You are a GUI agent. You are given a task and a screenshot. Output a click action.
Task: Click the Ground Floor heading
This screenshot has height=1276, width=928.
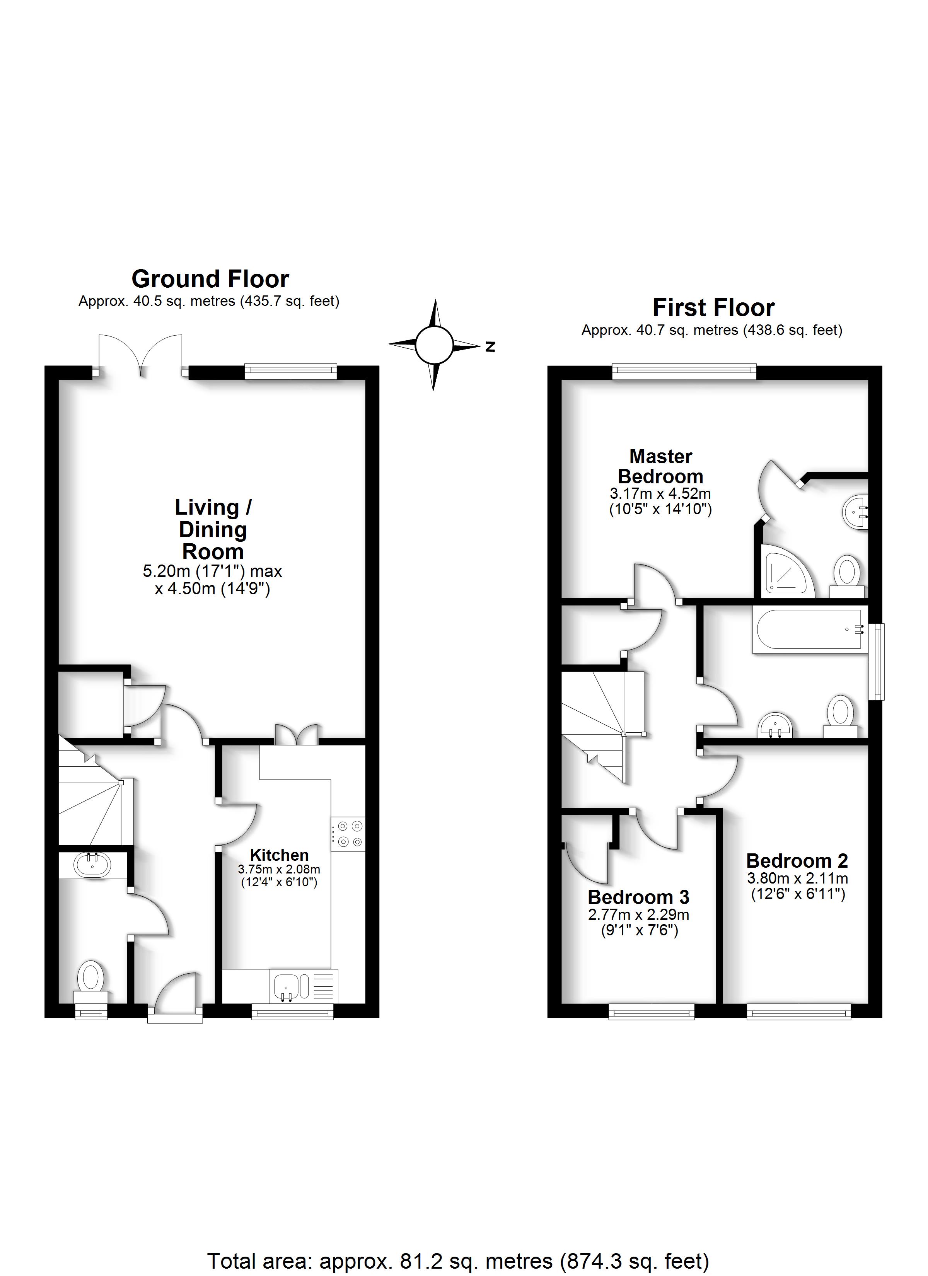pyautogui.click(x=210, y=279)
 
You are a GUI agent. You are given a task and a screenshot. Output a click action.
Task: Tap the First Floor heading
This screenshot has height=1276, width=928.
pyautogui.click(x=713, y=308)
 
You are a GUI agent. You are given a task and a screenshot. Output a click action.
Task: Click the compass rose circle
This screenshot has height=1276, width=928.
pyautogui.click(x=434, y=345)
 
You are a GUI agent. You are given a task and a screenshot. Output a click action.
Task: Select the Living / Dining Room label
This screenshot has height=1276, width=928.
pyautogui.click(x=213, y=529)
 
